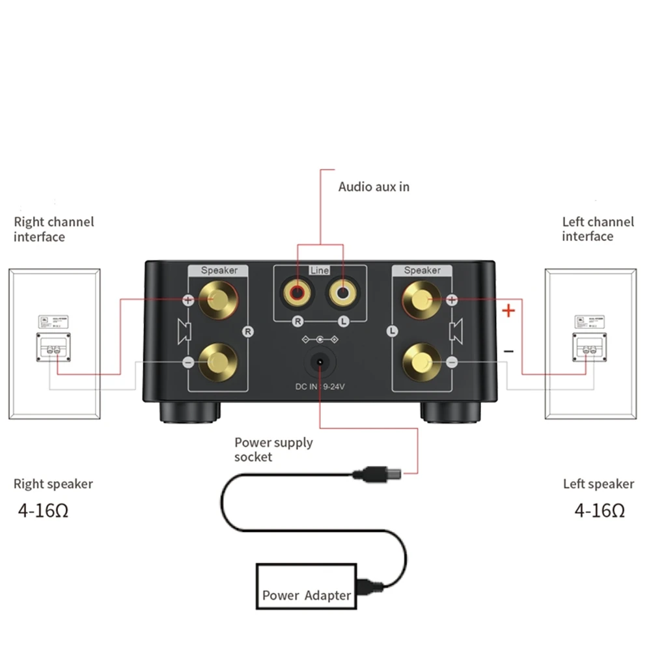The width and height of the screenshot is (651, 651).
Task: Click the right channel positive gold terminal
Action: coord(217,300)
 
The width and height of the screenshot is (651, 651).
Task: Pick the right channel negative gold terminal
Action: coord(217,360)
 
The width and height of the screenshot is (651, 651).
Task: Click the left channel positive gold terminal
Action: coord(421,300)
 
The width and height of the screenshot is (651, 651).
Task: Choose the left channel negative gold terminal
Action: coord(421,360)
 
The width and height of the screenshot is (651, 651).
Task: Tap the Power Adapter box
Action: coord(306,587)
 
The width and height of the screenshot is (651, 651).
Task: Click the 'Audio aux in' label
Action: coord(374,187)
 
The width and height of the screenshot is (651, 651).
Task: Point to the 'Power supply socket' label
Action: coord(273,449)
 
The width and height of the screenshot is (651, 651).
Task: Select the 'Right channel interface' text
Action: coord(53,229)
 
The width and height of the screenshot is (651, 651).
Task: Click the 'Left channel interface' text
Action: coord(598,229)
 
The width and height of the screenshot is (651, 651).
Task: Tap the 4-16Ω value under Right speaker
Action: coord(43,510)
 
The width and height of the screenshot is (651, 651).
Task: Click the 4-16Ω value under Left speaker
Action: coord(600,510)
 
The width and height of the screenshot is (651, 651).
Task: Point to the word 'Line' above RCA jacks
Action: coord(320,271)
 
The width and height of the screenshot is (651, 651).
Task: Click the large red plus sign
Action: coord(508,311)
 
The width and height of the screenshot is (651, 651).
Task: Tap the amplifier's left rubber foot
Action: coord(189,412)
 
